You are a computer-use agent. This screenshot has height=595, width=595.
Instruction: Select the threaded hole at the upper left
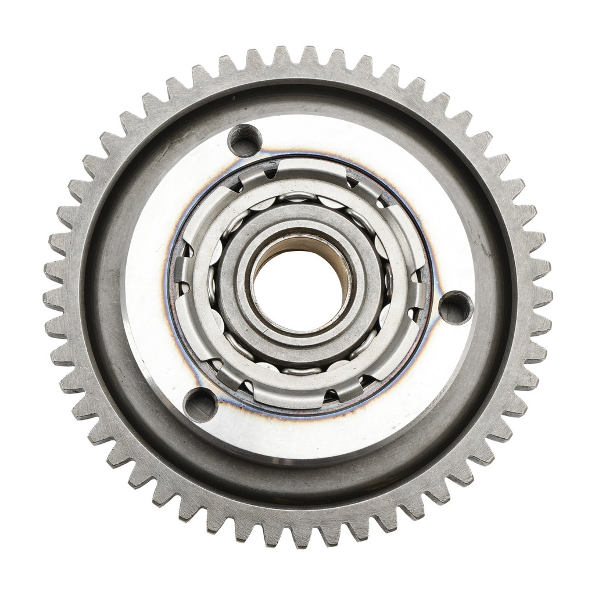point(244,140)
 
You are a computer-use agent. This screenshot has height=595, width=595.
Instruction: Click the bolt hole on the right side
point(455,307)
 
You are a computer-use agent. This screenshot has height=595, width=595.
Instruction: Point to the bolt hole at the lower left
point(200,404)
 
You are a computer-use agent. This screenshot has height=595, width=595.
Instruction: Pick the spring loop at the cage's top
point(298,198)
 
